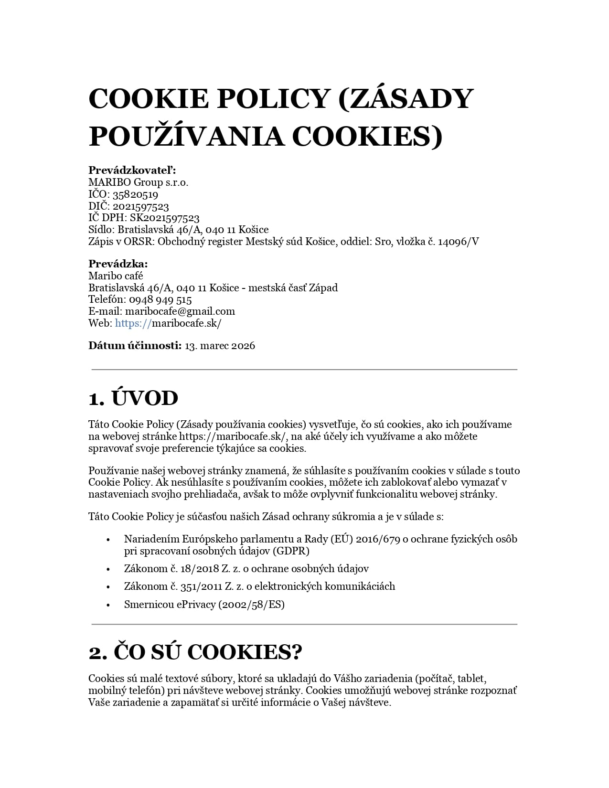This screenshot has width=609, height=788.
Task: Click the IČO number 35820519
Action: coord(135,194)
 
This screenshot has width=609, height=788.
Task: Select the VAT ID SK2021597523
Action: coord(164,218)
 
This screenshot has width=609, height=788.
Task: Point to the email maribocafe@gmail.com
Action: coord(180,311)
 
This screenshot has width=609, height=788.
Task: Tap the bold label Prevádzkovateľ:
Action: coord(132,170)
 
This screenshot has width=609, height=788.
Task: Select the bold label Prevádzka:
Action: coord(118,264)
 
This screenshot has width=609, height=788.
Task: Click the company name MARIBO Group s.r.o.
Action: coord(139,182)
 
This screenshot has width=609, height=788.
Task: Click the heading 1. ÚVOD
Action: coord(133,398)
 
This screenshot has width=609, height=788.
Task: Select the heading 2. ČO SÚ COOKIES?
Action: coord(195,652)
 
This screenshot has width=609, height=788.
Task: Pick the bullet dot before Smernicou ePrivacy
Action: coord(108,605)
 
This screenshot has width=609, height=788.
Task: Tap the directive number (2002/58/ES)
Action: coord(251,605)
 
